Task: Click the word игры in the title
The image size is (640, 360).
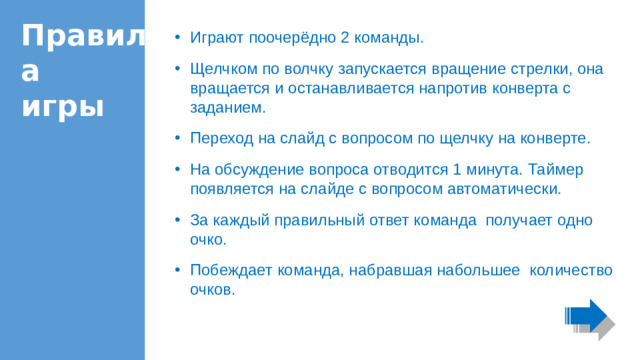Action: (63, 105)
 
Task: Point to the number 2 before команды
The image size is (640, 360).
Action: (344, 38)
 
